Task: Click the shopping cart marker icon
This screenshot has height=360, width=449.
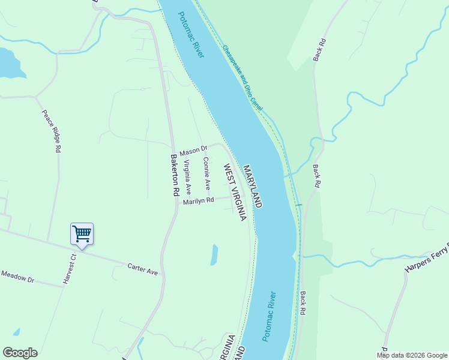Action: tap(82, 233)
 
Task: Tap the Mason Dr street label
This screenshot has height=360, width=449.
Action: tap(193, 149)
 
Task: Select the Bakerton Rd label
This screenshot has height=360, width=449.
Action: tap(175, 175)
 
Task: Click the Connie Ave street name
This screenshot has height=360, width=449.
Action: tap(206, 173)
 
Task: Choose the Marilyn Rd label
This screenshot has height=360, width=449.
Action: tap(199, 201)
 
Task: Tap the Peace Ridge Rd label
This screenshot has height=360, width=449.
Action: tap(52, 130)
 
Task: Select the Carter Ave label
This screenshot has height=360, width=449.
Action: tap(143, 269)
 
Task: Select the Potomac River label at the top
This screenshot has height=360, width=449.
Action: tap(191, 35)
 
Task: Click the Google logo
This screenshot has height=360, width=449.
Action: tap(20, 353)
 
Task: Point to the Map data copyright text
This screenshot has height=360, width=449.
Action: tap(411, 355)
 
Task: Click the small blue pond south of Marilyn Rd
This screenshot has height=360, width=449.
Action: tap(214, 254)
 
